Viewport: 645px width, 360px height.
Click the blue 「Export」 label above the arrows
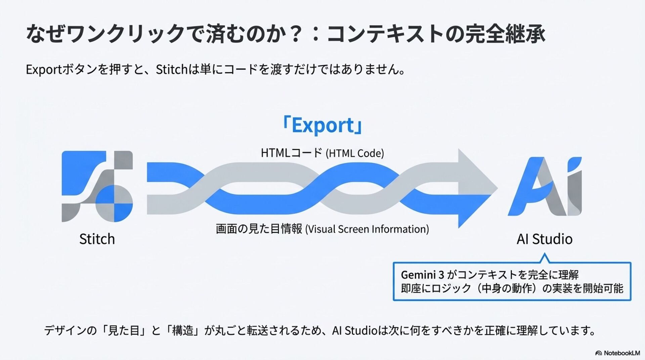coord(322,126)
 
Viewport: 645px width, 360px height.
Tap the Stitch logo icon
coord(97,186)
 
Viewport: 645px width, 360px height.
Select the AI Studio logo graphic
coord(545,186)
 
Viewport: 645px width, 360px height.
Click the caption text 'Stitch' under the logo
coord(97,239)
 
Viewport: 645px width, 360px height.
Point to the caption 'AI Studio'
coord(545,239)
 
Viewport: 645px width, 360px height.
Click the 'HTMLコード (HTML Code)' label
coord(322,153)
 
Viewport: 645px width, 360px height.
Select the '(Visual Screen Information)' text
coord(367,229)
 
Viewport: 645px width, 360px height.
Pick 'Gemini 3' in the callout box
coord(423,275)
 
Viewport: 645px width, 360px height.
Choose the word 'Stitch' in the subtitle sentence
coord(171,70)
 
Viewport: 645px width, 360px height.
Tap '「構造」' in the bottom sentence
coord(183,331)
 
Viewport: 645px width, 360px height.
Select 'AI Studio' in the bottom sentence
coord(354,331)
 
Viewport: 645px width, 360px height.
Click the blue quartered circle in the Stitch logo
coord(114,203)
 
